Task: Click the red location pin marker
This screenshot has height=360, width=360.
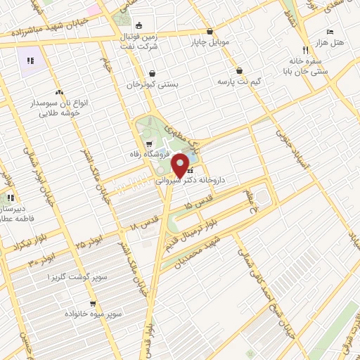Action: [180, 165]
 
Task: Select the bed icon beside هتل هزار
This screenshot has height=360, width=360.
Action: [330, 32]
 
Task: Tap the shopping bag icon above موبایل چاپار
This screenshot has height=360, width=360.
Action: [210, 31]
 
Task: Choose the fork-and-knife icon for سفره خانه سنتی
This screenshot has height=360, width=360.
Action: [304, 50]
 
